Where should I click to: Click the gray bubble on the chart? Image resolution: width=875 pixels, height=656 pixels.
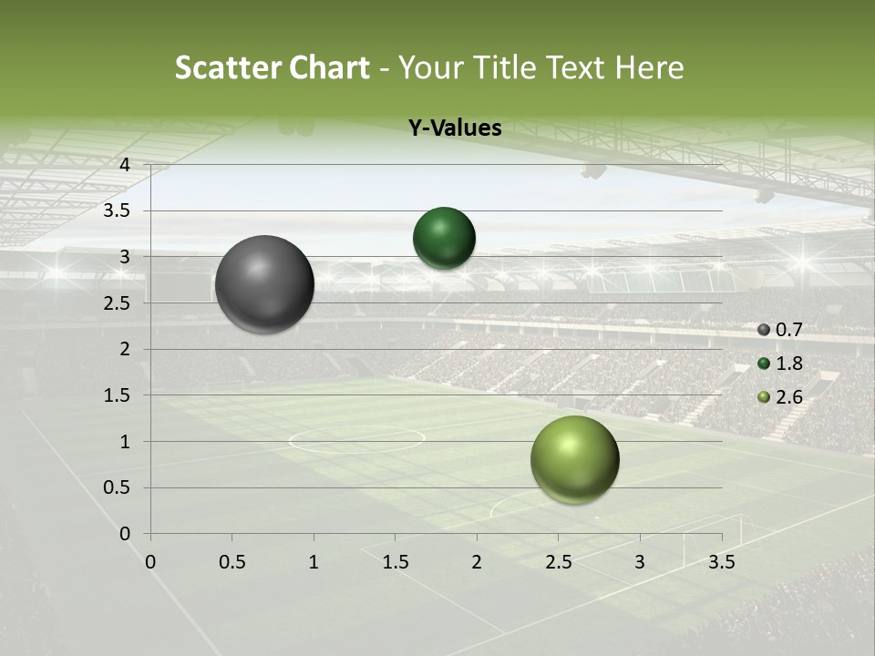[264, 284]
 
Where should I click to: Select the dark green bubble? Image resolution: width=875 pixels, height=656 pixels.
[444, 238]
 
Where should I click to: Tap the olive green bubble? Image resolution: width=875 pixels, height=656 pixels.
[574, 459]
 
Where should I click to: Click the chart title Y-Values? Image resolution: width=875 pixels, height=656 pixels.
[455, 128]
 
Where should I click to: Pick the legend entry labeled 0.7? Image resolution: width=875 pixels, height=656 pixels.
[781, 329]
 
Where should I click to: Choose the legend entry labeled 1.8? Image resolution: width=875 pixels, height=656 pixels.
[781, 364]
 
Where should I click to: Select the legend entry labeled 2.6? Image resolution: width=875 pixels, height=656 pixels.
[781, 397]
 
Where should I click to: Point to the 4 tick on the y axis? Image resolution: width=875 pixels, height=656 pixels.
[124, 165]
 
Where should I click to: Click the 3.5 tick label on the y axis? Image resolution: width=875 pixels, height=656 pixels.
[118, 211]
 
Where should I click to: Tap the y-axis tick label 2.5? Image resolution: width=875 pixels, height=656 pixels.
[118, 303]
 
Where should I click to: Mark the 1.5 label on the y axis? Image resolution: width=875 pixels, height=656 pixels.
[118, 395]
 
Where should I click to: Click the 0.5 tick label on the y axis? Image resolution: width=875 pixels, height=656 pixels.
[118, 488]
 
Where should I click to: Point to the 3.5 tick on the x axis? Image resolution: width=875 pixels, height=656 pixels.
[721, 562]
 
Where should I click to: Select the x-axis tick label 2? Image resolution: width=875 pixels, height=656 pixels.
[476, 562]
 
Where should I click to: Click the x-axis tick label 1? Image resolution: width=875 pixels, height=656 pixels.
[314, 562]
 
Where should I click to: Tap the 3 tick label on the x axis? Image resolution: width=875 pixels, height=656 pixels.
[639, 562]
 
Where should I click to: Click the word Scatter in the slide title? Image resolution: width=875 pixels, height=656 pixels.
[228, 67]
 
